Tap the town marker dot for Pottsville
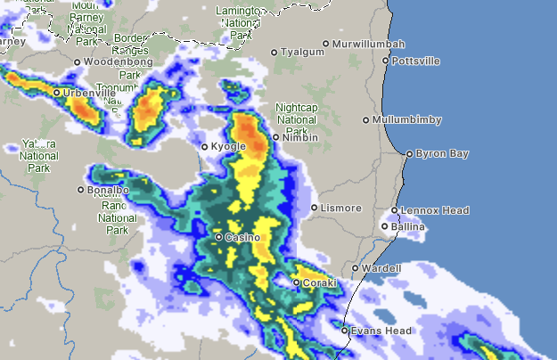(x=385, y=61)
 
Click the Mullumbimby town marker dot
(x=366, y=119)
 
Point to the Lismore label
(x=342, y=209)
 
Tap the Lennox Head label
(x=435, y=210)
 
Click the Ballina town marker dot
(x=385, y=226)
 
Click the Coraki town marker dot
(x=297, y=283)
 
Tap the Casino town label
(x=242, y=238)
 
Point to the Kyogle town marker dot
(x=204, y=147)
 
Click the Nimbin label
(x=300, y=138)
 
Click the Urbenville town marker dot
(x=56, y=93)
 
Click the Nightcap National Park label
(x=297, y=119)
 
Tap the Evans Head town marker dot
(x=345, y=331)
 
